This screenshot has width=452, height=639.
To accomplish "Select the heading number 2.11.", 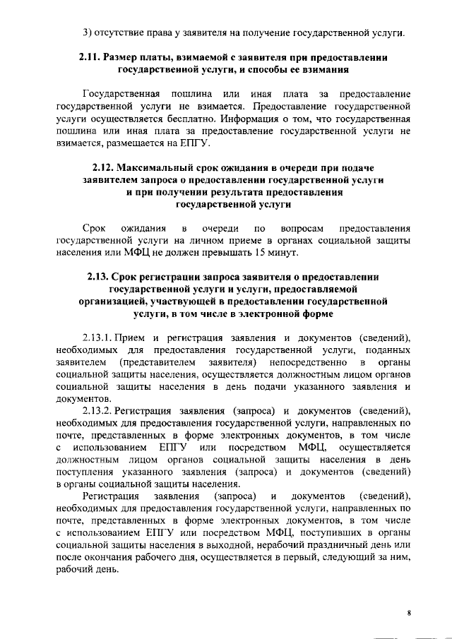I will pyautogui.click(x=91, y=55).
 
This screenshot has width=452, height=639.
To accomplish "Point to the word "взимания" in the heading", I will pyautogui.click(x=325, y=69).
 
